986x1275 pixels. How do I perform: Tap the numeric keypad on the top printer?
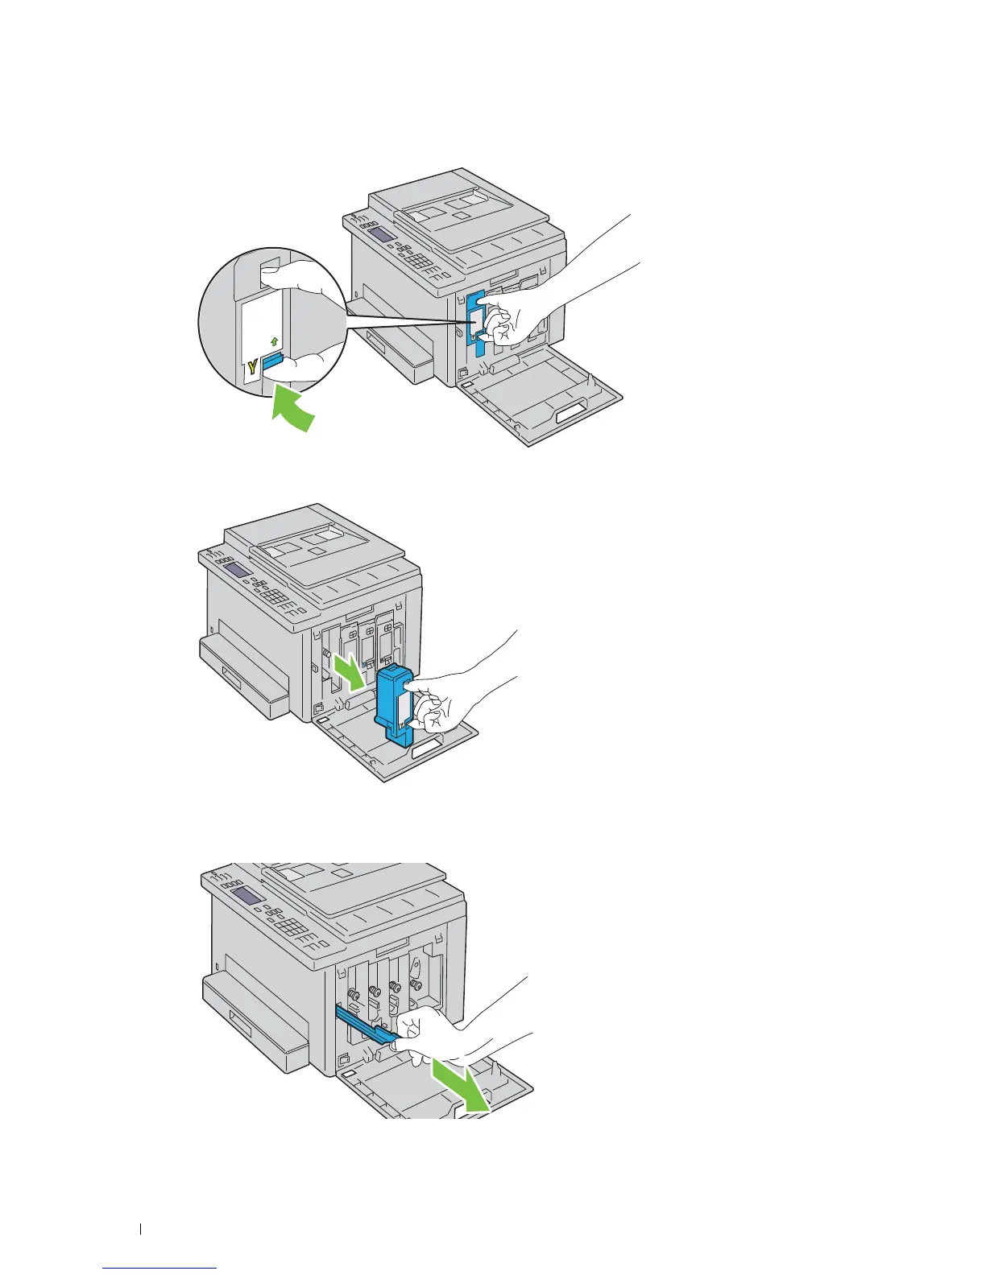point(420,265)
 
